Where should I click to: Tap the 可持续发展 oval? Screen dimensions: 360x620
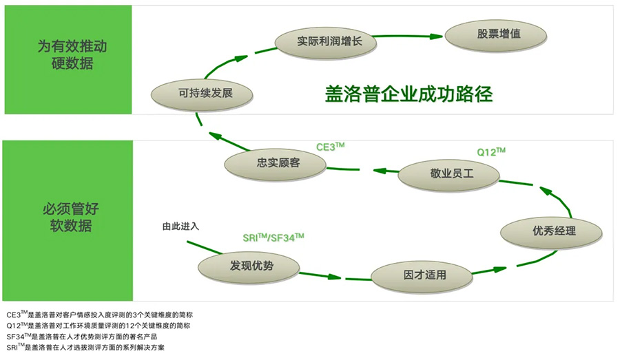click(x=200, y=93)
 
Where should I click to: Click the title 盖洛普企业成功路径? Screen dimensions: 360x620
click(x=409, y=94)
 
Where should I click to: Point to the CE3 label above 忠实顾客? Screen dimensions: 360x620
click(x=330, y=147)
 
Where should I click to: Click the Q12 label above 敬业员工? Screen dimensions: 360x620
click(x=491, y=151)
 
